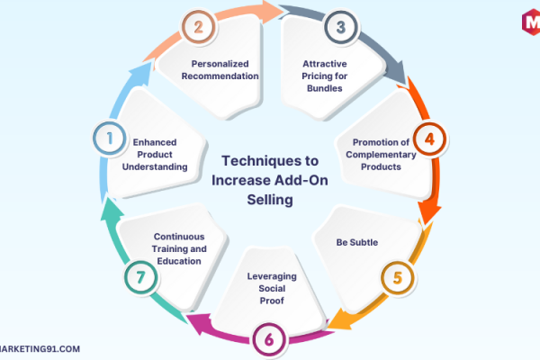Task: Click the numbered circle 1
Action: point(110,139)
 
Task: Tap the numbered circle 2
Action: point(198,27)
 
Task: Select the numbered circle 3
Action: point(341,27)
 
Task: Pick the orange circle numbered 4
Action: point(429,139)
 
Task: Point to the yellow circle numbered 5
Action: point(398,278)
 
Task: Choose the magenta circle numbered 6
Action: point(269,339)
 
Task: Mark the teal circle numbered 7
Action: point(140,277)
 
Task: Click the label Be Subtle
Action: point(356,242)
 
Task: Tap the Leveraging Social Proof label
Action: point(272,288)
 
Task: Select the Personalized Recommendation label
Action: point(220,70)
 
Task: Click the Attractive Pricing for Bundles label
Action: point(324,76)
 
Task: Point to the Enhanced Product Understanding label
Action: point(155,154)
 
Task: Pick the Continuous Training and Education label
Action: point(179,248)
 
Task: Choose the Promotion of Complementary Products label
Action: point(381,154)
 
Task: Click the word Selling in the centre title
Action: point(270,200)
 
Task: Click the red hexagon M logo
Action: point(531,22)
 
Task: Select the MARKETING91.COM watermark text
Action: point(40,349)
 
